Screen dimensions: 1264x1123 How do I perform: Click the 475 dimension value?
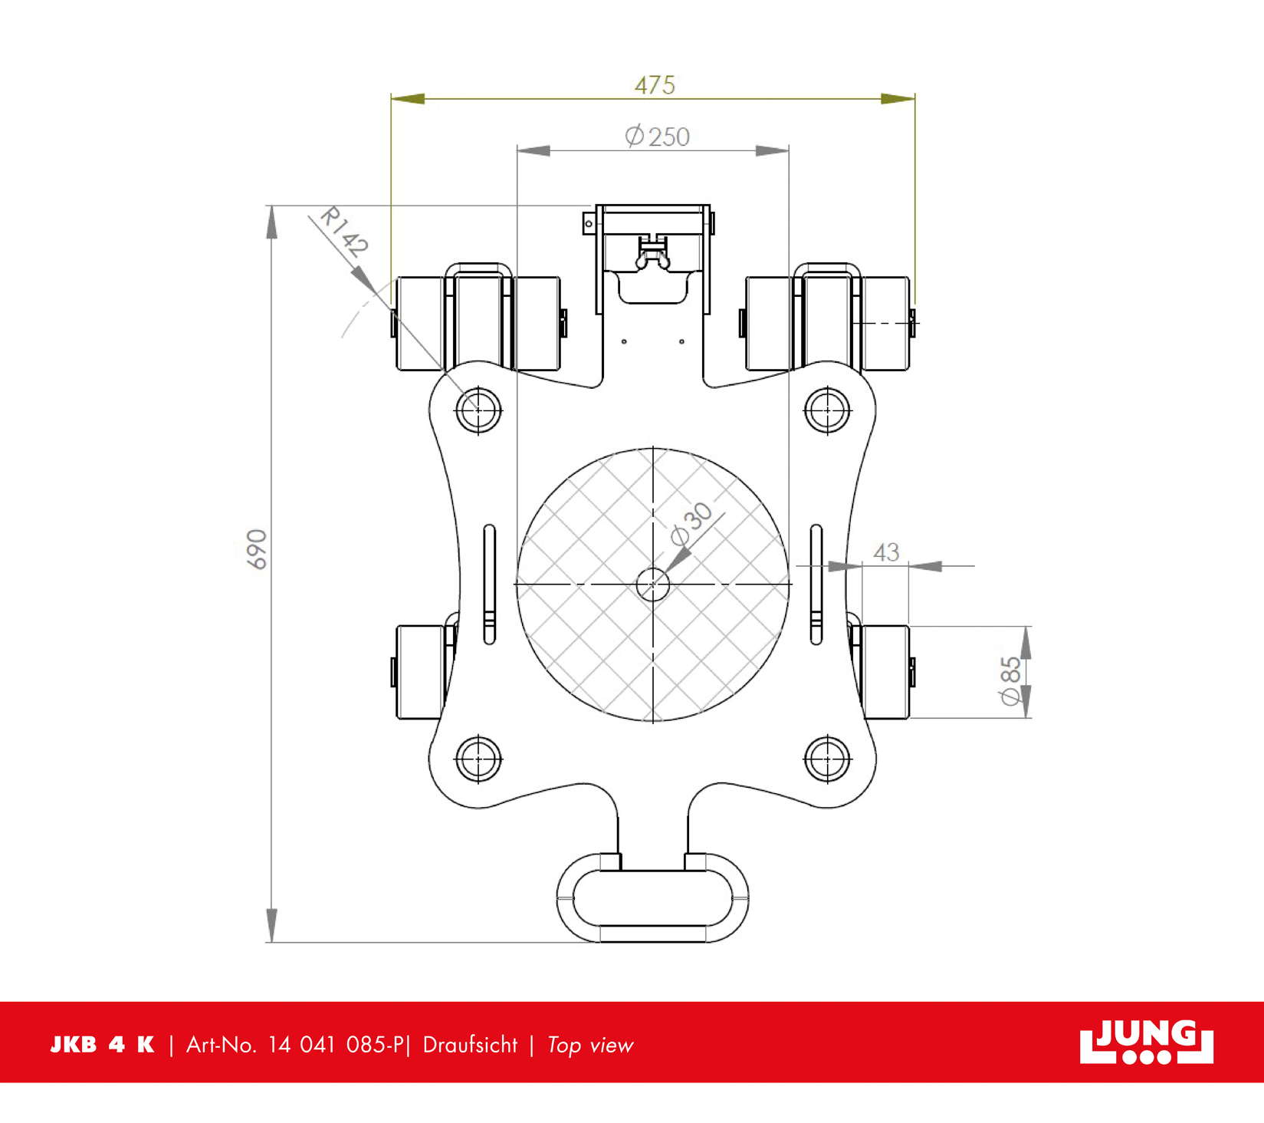pyautogui.click(x=655, y=84)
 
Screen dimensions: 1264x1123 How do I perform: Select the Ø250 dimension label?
pyautogui.click(x=657, y=137)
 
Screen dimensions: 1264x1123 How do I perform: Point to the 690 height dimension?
pyautogui.click(x=257, y=549)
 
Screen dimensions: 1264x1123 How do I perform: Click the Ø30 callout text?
pyautogui.click(x=691, y=524)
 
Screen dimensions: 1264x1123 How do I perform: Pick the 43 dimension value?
pyautogui.click(x=886, y=552)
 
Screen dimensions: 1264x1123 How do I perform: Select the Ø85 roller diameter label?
pyautogui.click(x=1010, y=680)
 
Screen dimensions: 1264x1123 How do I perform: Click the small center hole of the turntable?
pyautogui.click(x=653, y=585)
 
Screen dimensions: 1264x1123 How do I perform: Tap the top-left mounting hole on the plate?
pyautogui.click(x=478, y=410)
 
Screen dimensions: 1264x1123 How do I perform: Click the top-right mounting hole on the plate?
pyautogui.click(x=827, y=410)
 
